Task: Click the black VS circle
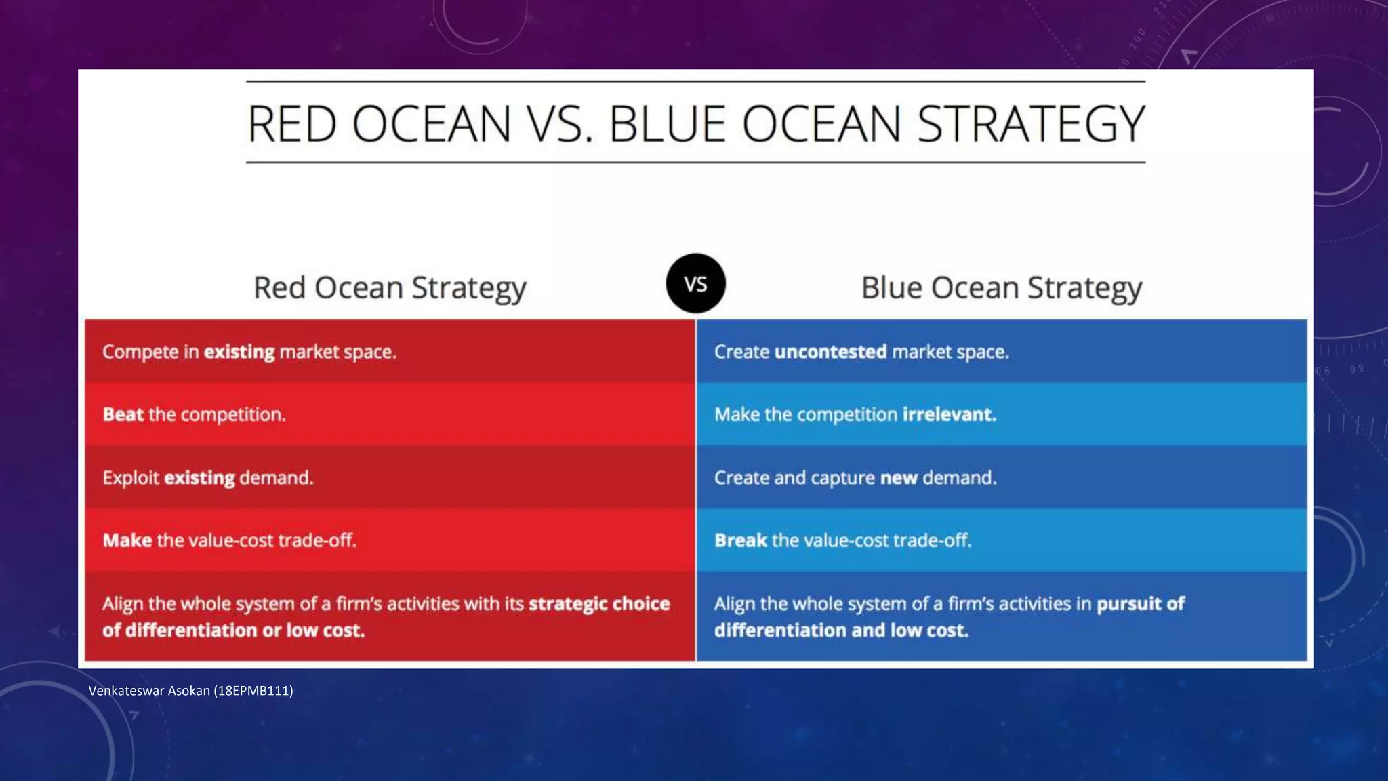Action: (695, 283)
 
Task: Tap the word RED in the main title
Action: (292, 125)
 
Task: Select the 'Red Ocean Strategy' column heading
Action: (390, 288)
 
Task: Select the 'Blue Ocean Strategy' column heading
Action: (1001, 288)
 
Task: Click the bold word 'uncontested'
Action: (830, 352)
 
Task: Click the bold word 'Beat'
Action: (123, 414)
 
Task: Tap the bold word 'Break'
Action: (740, 540)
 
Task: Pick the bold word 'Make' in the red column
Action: (127, 540)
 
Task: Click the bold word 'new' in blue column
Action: (899, 478)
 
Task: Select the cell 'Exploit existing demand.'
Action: (390, 477)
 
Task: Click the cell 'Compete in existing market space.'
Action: (390, 351)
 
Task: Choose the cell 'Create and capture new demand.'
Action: (1001, 477)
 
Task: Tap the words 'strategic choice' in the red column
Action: (599, 603)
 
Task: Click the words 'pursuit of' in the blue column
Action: (1140, 603)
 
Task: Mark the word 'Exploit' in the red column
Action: (131, 478)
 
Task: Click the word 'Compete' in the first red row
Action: (140, 352)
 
